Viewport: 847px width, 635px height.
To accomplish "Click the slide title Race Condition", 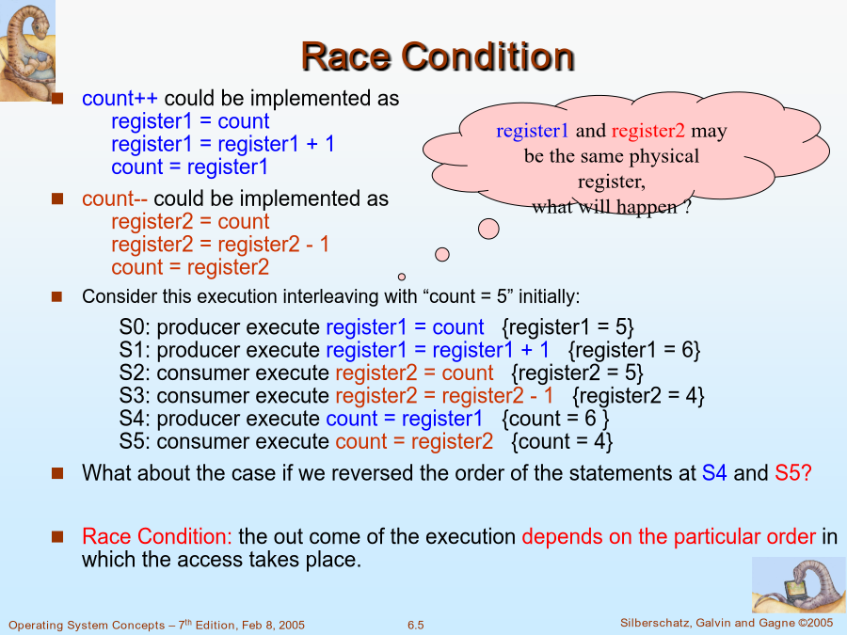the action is point(438,56).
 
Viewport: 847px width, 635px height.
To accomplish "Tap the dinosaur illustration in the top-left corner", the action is point(27,51).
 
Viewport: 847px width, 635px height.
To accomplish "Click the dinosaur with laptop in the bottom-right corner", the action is point(797,585).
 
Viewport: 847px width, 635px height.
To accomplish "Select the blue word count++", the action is point(120,98).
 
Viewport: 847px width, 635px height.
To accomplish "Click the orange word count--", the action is point(115,198).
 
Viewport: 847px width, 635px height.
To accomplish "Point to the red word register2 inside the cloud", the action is point(647,131).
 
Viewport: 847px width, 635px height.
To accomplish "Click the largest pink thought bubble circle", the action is point(488,229).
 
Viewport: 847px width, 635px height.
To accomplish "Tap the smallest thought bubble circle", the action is point(401,277).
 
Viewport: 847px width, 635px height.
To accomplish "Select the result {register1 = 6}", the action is point(634,351).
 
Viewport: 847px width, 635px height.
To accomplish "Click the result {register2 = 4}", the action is point(638,396).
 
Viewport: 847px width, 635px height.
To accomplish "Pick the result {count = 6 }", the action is point(555,419).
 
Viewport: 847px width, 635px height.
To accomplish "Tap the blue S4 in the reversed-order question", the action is point(714,473).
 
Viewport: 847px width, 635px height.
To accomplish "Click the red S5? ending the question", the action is point(793,473).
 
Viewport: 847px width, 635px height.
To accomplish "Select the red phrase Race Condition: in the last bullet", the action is point(156,536).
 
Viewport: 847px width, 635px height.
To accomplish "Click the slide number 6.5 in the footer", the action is point(415,626).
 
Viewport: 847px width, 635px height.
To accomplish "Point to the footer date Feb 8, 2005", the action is point(273,626).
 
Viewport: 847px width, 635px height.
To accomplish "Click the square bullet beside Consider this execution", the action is point(56,296).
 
